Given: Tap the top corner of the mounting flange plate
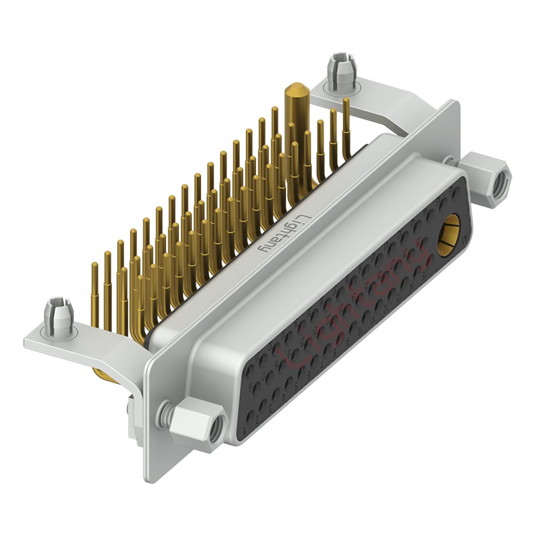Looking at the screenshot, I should point(455,104).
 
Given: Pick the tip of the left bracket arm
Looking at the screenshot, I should point(28,343).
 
